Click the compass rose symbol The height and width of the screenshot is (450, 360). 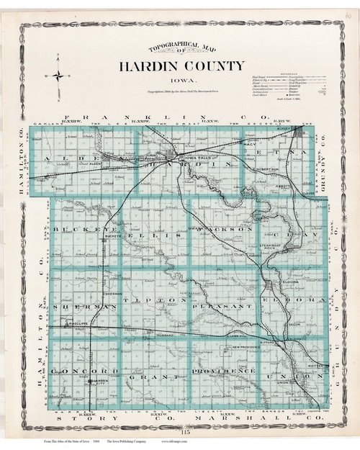coord(58,75)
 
